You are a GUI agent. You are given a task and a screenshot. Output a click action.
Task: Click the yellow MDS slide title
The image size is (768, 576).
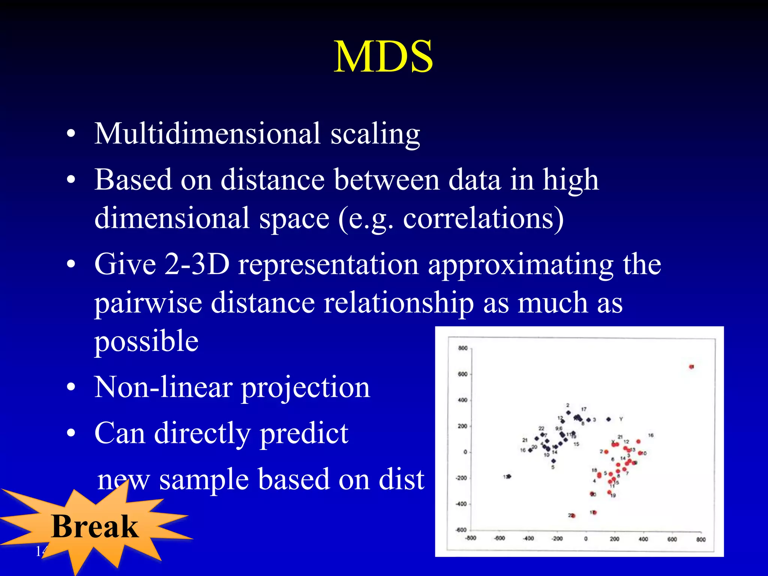pos(383,57)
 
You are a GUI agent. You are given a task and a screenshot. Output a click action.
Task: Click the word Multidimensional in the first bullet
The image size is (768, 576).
pos(207,134)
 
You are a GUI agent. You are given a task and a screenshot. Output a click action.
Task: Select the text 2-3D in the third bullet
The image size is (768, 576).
pos(196,264)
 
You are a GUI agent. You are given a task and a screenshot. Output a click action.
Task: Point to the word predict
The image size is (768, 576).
pos(304,433)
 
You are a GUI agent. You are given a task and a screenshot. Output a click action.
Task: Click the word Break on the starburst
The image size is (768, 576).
pos(94,526)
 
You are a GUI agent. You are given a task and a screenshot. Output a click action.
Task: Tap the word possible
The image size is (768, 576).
pos(146,341)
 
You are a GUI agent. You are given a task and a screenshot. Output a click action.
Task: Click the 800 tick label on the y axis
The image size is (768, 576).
pos(463,348)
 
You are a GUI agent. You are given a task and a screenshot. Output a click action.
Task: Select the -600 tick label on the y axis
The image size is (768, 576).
pos(461,530)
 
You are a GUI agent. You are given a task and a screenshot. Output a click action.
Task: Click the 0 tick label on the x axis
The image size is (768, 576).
pos(586,539)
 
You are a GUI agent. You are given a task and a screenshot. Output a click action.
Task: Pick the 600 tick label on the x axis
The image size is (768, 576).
pos(672,539)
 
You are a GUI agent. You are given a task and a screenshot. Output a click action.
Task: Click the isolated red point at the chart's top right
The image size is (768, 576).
pos(691,367)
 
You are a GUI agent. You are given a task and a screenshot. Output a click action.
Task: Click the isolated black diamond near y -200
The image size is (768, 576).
pos(508,477)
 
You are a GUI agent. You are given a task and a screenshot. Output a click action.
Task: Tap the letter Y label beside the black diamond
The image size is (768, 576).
pos(621,419)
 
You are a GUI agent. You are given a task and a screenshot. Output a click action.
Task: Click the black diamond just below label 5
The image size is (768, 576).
pos(553,461)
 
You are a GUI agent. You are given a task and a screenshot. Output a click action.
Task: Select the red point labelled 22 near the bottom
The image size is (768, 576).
pos(573,516)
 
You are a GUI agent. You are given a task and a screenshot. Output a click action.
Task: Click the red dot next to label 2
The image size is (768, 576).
pos(606,452)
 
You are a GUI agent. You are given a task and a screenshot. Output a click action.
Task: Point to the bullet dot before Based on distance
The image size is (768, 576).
pos(71,180)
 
